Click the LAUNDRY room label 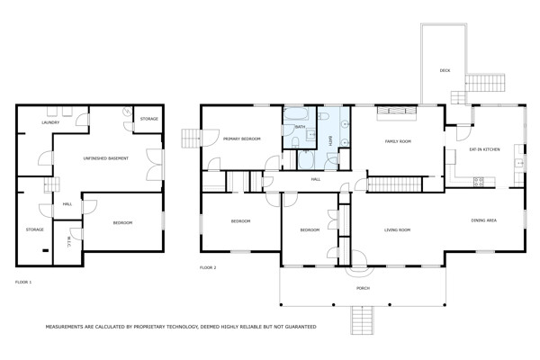pos(50,122)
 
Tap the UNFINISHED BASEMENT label pos(105,158)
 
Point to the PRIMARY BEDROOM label pos(242,139)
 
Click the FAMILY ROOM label pos(398,141)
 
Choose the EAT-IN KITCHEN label pos(484,149)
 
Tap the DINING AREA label pos(484,220)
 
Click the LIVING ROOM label pos(397,230)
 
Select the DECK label pos(445,70)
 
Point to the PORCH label pos(363,288)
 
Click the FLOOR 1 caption pos(23,282)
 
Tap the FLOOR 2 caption pos(208,267)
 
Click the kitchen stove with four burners pos(479,182)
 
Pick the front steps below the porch pos(363,320)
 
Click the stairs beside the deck pos(485,83)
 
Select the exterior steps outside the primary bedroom pos(191,139)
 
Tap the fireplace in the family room pos(397,111)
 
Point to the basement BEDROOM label pos(123,223)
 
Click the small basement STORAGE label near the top pos(149,119)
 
